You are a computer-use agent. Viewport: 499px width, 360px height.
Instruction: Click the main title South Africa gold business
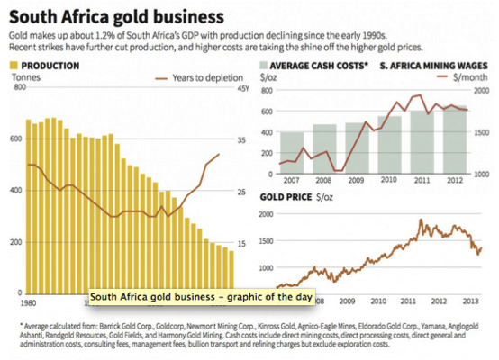pyautogui.click(x=117, y=16)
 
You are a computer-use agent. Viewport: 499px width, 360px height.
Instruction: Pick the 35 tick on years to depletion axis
pyautogui.click(x=241, y=140)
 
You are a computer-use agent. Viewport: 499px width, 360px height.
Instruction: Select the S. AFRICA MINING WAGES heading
pyautogui.click(x=431, y=66)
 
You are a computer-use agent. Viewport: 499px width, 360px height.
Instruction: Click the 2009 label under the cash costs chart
pyautogui.click(x=356, y=181)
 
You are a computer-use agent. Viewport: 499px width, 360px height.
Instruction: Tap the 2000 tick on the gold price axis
pyautogui.click(x=268, y=214)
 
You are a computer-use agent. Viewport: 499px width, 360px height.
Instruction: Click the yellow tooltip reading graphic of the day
pyautogui.click(x=171, y=296)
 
